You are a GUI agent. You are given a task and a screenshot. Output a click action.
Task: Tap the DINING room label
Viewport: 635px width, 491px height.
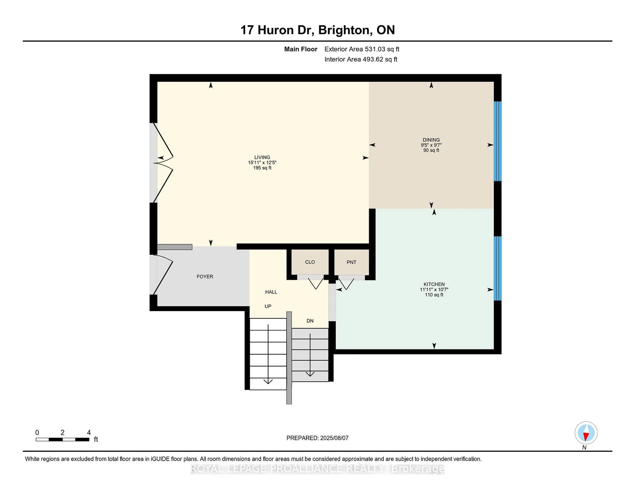(431, 140)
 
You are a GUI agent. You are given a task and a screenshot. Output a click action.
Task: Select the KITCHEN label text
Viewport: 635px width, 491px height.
(434, 284)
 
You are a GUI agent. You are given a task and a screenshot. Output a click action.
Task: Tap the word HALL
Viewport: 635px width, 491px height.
(271, 292)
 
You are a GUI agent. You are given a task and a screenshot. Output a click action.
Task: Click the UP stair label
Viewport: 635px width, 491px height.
(268, 306)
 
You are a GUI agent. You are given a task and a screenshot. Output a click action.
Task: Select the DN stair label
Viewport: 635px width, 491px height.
(310, 321)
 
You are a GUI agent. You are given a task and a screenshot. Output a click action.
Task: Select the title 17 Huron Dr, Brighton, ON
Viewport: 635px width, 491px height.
(317, 30)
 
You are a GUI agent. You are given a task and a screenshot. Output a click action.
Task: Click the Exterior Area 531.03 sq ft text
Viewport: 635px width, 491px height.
(362, 49)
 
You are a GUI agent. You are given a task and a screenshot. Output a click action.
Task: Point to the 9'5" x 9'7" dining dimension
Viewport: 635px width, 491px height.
(431, 145)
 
